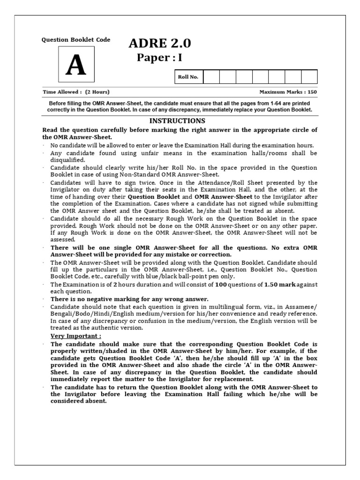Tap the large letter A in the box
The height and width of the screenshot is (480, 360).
click(75, 66)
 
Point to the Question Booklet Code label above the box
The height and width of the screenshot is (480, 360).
click(76, 40)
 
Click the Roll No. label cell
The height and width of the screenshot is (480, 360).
click(187, 77)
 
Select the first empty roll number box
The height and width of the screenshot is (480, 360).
click(211, 77)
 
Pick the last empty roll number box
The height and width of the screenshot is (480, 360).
click(309, 77)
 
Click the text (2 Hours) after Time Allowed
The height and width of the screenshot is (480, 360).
click(97, 92)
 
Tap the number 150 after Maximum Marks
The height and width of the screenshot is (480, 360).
click(311, 92)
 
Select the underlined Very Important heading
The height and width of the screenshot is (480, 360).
click(75, 336)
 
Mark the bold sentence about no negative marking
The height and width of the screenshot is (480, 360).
click(129, 299)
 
